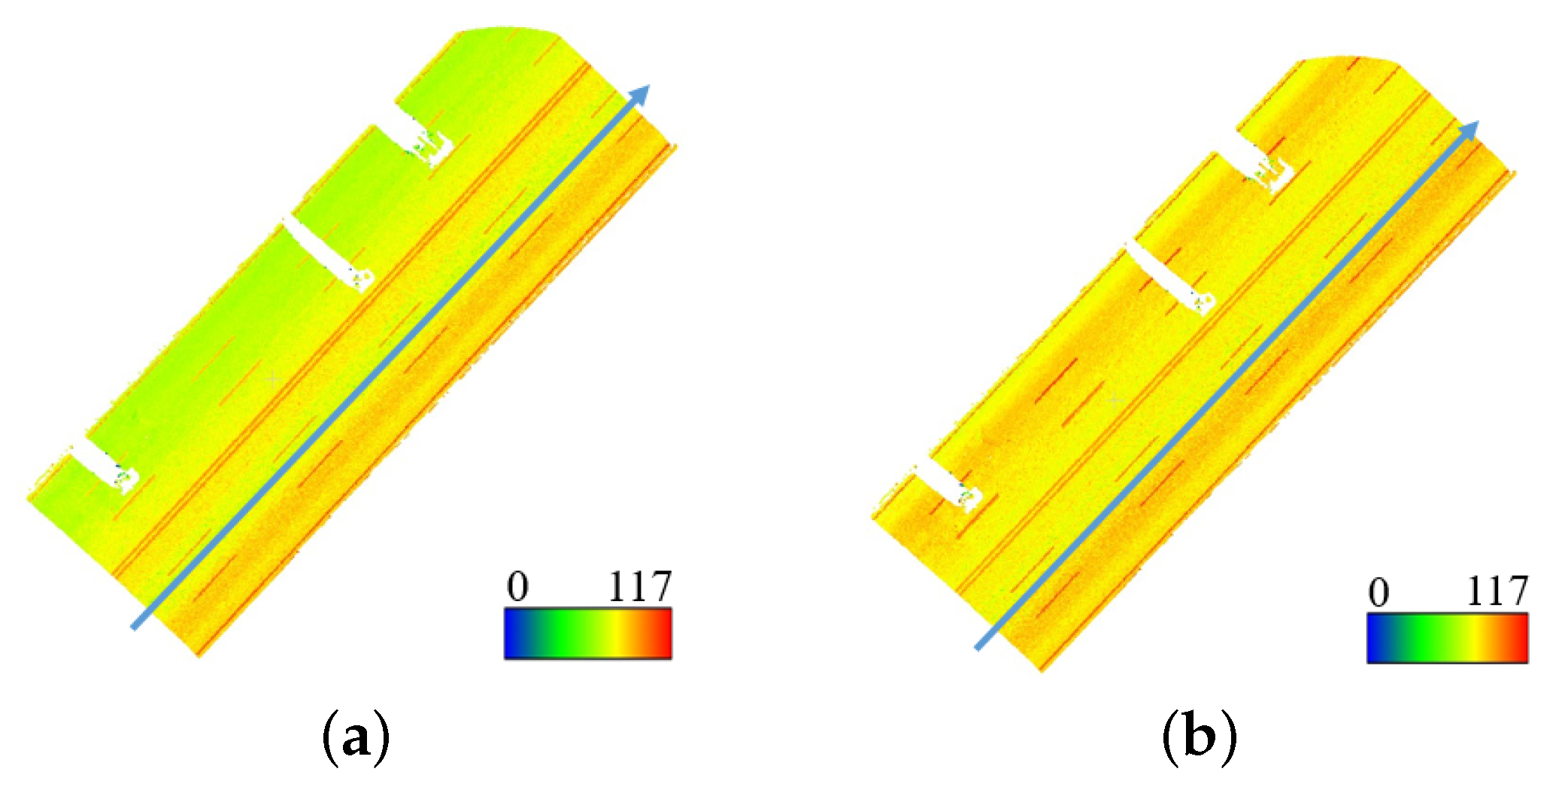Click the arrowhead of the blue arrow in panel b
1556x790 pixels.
point(1470,129)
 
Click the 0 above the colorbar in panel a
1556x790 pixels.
point(517,587)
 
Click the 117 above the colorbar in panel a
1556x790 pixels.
point(639,587)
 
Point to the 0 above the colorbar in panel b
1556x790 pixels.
point(1379,593)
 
